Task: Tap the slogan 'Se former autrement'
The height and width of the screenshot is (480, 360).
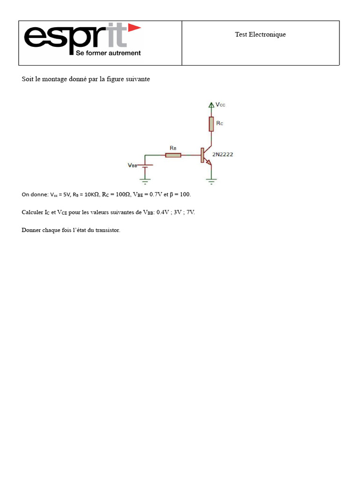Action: pos(108,53)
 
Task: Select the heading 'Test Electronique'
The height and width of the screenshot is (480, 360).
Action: pos(260,34)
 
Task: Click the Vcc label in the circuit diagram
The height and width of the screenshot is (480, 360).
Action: pos(220,105)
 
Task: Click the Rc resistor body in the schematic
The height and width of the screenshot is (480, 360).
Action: pos(211,124)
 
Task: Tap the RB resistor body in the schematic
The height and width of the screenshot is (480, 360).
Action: pos(173,155)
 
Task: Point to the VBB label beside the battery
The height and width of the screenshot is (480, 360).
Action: pos(133,165)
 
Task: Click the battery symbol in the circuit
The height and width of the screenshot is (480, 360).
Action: pos(145,166)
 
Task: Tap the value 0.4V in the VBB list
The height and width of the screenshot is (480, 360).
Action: pos(164,212)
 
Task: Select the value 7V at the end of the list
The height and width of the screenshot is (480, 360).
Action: pos(190,212)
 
